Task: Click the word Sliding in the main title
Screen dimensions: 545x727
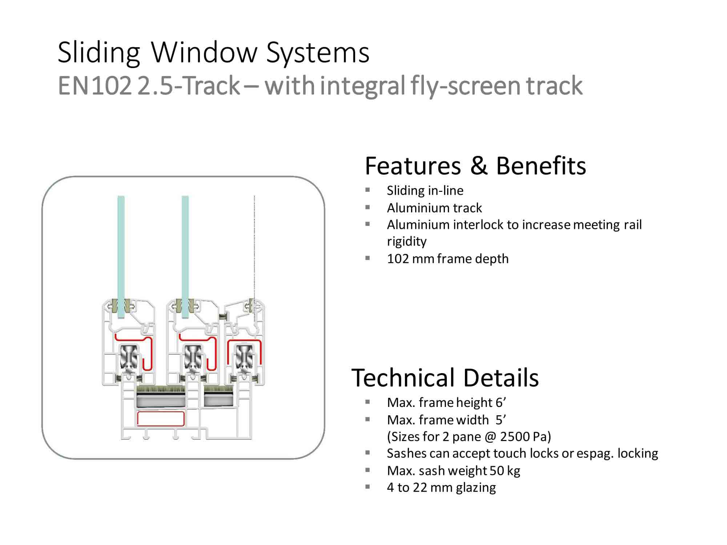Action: [x=99, y=53]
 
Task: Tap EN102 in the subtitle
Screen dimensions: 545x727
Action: [x=94, y=86]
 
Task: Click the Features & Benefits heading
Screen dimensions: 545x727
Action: [x=475, y=166]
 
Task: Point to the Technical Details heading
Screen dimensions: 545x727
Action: [x=445, y=378]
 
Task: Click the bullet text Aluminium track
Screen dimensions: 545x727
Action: [x=434, y=208]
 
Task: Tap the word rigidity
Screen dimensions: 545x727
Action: [x=406, y=241]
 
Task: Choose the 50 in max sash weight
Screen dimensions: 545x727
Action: [x=497, y=471]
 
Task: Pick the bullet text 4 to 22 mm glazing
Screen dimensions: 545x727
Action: [x=441, y=487]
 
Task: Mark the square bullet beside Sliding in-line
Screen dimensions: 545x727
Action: [x=367, y=190]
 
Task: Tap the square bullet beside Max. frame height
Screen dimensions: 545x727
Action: [x=367, y=402]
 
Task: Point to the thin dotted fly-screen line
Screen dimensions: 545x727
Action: [x=254, y=247]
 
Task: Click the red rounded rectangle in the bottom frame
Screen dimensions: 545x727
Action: [x=161, y=419]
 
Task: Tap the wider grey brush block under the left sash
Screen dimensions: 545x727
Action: [x=161, y=397]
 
